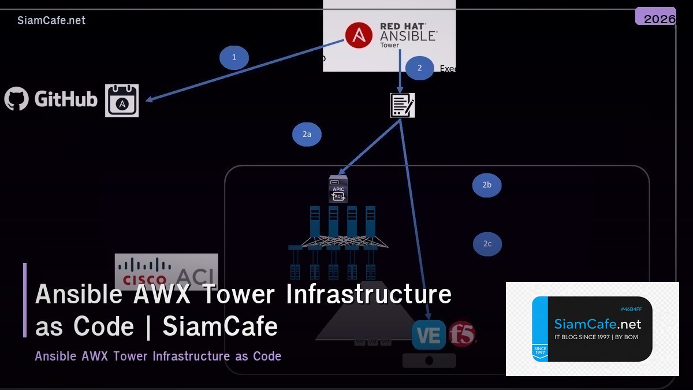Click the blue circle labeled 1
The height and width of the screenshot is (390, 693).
click(x=234, y=58)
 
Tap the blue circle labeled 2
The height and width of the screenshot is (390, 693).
click(x=420, y=68)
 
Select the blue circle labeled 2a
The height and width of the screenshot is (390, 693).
click(x=307, y=135)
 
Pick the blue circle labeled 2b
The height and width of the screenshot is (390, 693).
click(x=487, y=185)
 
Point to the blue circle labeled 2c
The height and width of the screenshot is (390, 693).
click(x=487, y=244)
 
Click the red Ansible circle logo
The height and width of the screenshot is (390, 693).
click(x=359, y=35)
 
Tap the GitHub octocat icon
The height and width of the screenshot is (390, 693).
click(x=17, y=99)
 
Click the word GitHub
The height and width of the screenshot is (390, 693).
click(x=66, y=99)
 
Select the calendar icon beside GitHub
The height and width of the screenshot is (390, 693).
click(x=122, y=101)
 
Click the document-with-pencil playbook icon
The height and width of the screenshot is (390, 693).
click(x=403, y=105)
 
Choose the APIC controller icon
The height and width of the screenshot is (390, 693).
click(x=338, y=189)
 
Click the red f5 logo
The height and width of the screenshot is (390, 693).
click(x=463, y=334)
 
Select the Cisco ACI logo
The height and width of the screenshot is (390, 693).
click(x=166, y=271)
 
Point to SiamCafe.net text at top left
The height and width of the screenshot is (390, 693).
click(x=51, y=21)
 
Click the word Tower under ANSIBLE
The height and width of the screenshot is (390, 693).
click(x=389, y=45)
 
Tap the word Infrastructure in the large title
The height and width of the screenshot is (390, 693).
click(x=368, y=294)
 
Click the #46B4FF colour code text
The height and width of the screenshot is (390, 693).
click(x=631, y=309)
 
